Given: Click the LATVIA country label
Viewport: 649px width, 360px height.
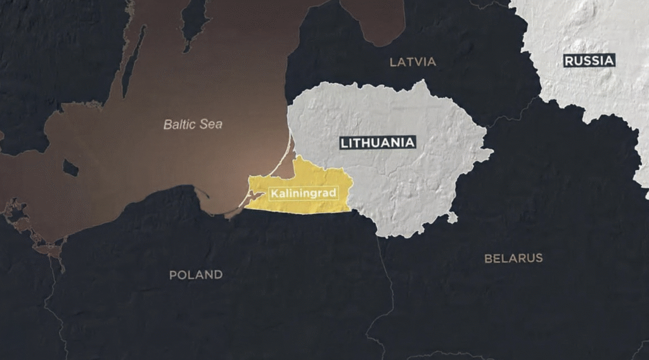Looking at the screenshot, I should (x=413, y=61).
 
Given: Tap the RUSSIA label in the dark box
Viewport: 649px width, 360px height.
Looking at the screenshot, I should (x=589, y=61).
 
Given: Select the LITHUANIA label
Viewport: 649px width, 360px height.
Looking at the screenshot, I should (x=378, y=143).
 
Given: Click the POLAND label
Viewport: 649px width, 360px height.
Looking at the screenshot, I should (x=196, y=274).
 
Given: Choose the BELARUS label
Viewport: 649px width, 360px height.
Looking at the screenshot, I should (x=513, y=258).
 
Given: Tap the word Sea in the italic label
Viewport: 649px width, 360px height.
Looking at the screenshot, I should (x=211, y=124).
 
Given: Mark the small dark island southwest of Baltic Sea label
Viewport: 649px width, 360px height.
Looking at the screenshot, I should (x=70, y=168).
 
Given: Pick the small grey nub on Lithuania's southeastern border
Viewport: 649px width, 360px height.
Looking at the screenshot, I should (x=452, y=217).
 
